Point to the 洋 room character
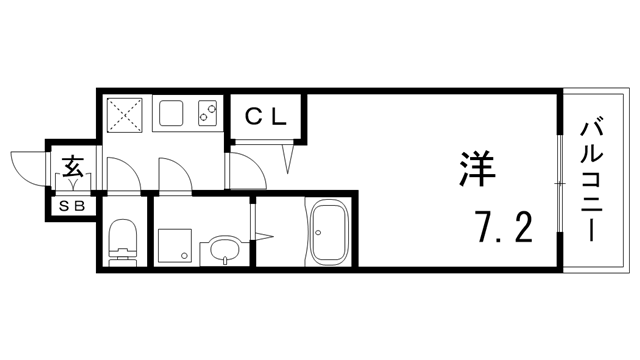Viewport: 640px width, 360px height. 477,170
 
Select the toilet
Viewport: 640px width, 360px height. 121,241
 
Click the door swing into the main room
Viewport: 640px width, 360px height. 248,172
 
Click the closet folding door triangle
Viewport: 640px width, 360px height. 291,155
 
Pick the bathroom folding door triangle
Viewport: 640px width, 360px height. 264,235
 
